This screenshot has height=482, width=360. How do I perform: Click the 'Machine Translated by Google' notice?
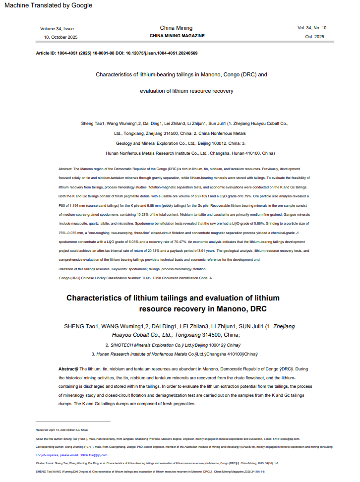[46, 5]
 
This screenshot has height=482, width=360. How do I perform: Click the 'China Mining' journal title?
[177, 28]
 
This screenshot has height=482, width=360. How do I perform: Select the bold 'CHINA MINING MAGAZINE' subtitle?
[177, 36]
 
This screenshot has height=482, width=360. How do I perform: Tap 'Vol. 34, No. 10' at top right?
[312, 28]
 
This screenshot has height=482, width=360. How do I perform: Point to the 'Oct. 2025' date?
[315, 37]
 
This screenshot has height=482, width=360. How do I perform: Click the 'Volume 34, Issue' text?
[57, 29]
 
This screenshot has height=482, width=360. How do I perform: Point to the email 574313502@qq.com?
[285, 438]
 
